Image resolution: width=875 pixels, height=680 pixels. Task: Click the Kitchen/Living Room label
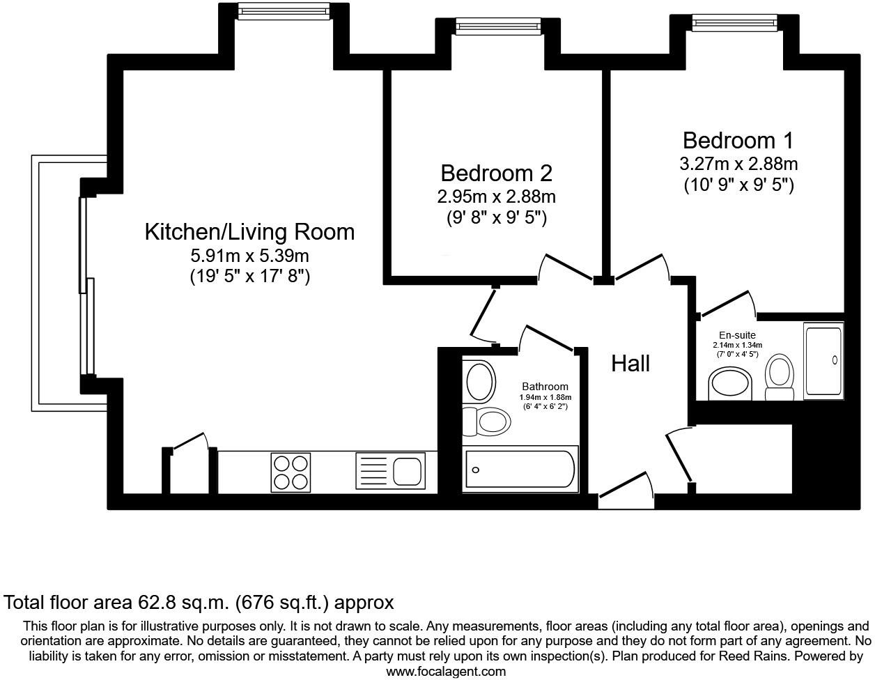(249, 232)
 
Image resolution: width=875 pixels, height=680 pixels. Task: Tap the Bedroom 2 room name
(496, 173)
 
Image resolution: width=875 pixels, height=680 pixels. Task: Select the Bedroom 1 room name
(738, 141)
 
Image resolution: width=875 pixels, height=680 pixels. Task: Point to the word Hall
(630, 363)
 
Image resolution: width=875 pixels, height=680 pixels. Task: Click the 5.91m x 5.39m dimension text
(249, 256)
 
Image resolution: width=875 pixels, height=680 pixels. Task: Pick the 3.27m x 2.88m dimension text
(738, 164)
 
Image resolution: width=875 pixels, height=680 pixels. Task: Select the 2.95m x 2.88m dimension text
(496, 196)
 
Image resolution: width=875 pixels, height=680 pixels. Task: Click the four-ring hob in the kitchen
(291, 472)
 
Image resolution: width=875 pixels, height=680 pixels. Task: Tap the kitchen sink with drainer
(389, 471)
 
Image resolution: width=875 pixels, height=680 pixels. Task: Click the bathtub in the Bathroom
(520, 470)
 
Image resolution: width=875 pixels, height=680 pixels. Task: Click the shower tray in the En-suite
(823, 360)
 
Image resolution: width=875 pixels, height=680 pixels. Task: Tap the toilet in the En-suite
(779, 376)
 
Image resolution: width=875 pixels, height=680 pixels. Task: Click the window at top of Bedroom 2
(497, 26)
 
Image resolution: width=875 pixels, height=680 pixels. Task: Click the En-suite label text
(737, 335)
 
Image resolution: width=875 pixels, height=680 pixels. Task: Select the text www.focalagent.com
(446, 672)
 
